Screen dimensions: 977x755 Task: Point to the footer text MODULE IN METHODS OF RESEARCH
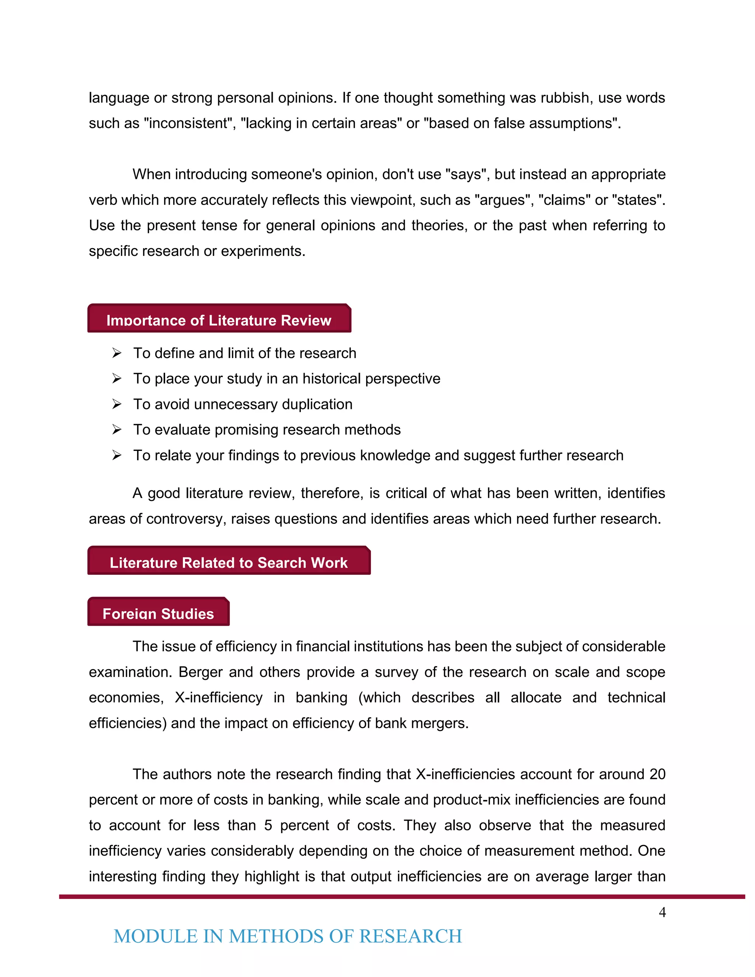(288, 936)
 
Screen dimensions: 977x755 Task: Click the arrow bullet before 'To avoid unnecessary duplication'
(117, 404)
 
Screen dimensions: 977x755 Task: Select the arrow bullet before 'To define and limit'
(117, 354)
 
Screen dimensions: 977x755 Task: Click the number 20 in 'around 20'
(657, 774)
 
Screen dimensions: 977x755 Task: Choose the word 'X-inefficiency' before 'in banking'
(218, 698)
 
